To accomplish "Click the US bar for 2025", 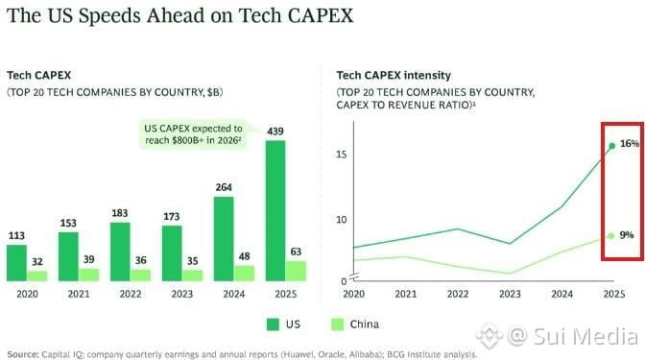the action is (275, 211).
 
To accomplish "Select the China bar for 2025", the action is (296, 271).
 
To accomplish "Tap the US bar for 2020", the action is (16, 263).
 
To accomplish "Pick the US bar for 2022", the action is (120, 252).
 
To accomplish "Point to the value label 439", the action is (275, 132).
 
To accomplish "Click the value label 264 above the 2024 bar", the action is (224, 187).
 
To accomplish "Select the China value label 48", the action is (244, 256).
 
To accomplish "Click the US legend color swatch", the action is (273, 324).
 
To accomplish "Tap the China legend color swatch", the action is (337, 324).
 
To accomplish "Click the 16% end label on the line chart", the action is (630, 144).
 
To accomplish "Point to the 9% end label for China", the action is (627, 235).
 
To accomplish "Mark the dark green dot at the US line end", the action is (612, 146).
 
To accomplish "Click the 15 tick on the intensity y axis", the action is (342, 155).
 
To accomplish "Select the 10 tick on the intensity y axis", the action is (342, 219).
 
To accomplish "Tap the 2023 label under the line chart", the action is (510, 294).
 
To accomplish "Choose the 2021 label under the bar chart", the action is (79, 294).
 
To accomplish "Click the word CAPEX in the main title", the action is (320, 15).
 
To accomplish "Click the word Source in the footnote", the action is (23, 354).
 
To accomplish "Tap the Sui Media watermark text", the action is (585, 336).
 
